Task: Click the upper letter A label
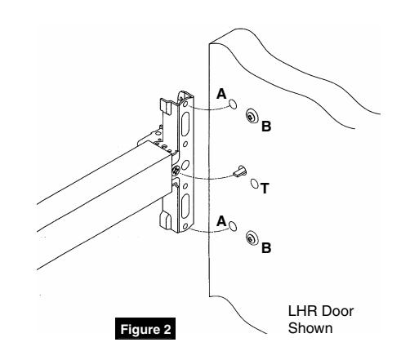(x=221, y=94)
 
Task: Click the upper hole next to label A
(x=234, y=104)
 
